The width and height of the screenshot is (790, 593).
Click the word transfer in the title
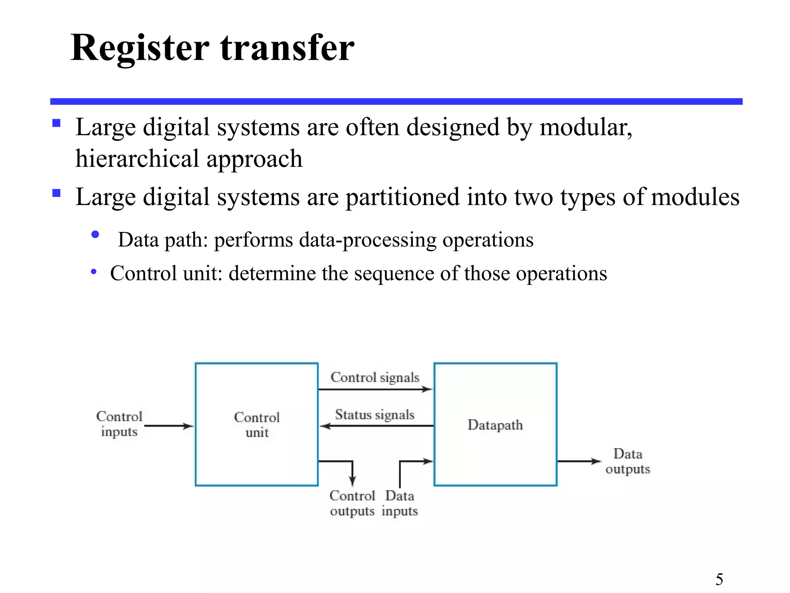tap(287, 48)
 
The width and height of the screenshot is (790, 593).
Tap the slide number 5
tap(719, 579)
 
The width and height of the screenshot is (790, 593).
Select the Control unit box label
tap(257, 425)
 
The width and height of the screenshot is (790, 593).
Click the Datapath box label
tap(495, 425)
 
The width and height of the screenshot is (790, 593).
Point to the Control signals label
tap(375, 378)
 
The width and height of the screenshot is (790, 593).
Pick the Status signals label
tap(375, 415)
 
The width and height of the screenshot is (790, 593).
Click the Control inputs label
tap(119, 424)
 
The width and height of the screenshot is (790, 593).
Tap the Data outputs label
tap(628, 461)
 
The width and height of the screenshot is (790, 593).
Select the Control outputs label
tap(352, 503)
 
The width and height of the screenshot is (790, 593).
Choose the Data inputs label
tap(400, 503)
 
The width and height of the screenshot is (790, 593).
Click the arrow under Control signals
tap(375, 389)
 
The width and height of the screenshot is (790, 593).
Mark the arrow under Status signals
tap(376, 426)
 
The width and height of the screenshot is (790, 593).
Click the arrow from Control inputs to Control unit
tap(169, 426)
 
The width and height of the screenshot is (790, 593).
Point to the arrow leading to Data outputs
tap(579, 461)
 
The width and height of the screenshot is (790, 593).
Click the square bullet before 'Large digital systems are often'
tap(57, 123)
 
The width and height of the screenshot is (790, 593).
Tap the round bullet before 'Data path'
tap(95, 234)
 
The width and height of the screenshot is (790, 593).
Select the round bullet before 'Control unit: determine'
tap(94, 272)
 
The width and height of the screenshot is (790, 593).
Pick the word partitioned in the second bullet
tap(402, 197)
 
